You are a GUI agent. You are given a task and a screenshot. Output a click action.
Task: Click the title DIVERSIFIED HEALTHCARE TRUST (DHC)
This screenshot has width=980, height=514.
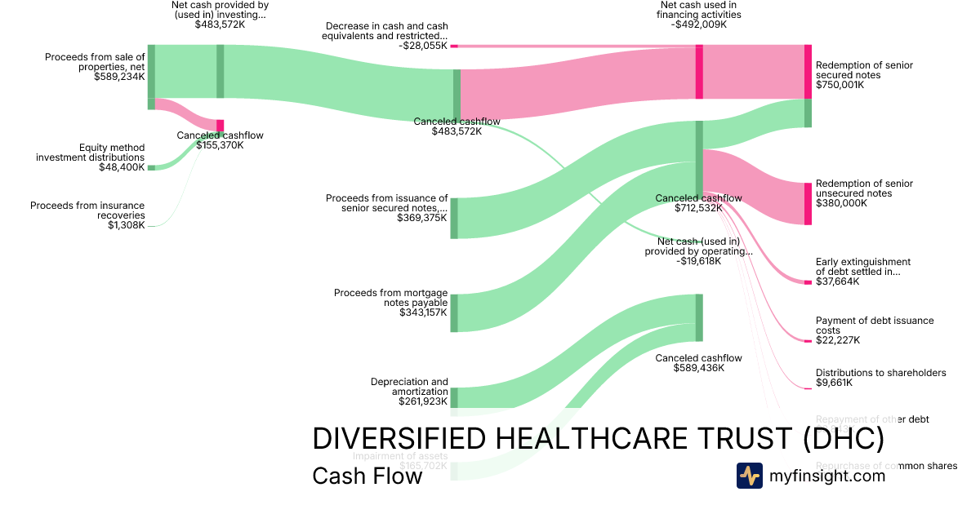(598, 439)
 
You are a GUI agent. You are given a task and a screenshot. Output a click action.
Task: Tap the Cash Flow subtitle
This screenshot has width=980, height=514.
(367, 476)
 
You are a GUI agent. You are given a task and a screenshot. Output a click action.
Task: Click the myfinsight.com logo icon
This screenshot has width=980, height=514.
(750, 476)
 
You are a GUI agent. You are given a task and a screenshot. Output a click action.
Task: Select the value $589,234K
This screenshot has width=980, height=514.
(119, 77)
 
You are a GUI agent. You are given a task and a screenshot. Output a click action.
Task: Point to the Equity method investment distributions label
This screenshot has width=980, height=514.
(90, 153)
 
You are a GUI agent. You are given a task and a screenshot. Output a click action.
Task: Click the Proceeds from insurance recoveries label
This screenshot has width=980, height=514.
(87, 210)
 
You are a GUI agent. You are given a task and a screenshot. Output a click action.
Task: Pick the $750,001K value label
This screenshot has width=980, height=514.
(840, 85)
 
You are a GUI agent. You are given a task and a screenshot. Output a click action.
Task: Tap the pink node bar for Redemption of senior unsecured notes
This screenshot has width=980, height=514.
(808, 203)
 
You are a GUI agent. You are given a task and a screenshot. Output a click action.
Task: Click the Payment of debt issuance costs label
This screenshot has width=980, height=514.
(875, 326)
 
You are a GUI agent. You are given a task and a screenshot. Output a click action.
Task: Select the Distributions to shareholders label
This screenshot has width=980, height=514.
(880, 373)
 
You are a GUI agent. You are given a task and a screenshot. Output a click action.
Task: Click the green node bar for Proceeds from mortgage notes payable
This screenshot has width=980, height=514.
(454, 312)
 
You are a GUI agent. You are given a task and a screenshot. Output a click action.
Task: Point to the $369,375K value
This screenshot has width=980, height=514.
(422, 218)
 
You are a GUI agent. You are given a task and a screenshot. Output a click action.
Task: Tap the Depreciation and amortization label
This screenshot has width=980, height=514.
(409, 387)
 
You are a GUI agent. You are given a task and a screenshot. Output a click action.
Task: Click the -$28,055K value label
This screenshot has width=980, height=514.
(421, 46)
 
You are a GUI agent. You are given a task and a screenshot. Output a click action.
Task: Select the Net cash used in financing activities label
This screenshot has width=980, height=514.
(700, 10)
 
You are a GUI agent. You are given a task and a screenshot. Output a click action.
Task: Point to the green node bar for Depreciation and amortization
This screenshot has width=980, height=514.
(454, 397)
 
